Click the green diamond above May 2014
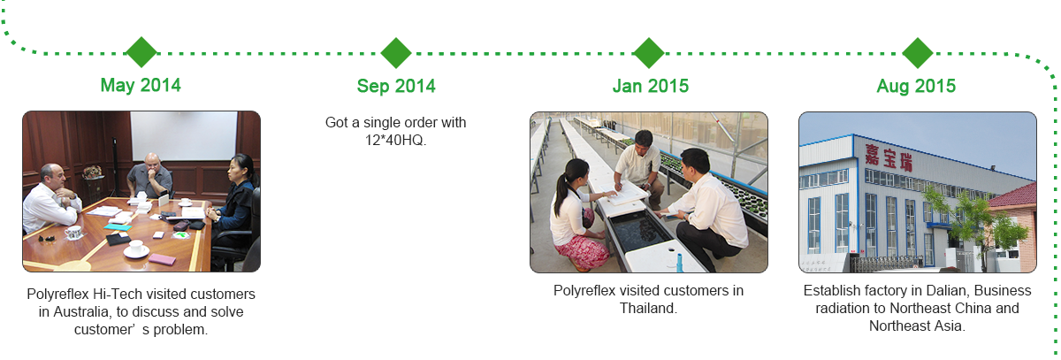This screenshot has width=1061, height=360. click(x=141, y=52)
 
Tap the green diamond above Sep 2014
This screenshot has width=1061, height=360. click(x=396, y=52)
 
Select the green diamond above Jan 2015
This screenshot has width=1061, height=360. click(x=649, y=52)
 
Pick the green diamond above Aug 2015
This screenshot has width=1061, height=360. click(x=918, y=52)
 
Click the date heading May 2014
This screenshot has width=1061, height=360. click(x=141, y=85)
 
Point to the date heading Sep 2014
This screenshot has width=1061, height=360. click(x=396, y=86)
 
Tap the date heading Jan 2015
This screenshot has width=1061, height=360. click(x=651, y=86)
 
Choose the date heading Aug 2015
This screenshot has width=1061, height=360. click(x=916, y=86)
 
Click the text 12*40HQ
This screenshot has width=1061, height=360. click(x=395, y=141)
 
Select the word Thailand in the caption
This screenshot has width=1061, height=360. click(x=648, y=309)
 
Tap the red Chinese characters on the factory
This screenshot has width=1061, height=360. click(x=889, y=157)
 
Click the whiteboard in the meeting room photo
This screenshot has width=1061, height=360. click(x=184, y=136)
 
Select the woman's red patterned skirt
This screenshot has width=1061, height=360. click(x=584, y=252)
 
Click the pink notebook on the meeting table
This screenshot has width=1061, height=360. click(x=163, y=259)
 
